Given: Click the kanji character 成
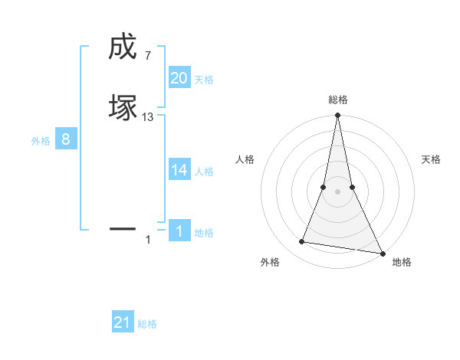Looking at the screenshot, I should (123, 47).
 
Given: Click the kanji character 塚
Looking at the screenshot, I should (123, 106).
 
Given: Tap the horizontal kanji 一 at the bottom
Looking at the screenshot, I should (123, 228).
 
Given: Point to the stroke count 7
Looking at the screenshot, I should (147, 55).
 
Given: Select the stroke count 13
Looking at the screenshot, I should (148, 116).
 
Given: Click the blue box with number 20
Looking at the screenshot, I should (179, 77).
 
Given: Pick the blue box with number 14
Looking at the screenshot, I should (179, 170).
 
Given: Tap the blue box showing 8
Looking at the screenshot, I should (66, 139).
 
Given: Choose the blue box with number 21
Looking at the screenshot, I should (123, 322).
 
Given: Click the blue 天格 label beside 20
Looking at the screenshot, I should (204, 79).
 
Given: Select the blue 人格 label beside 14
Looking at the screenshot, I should (204, 172).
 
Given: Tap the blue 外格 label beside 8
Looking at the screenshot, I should (41, 141).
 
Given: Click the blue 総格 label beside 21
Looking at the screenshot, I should (147, 324).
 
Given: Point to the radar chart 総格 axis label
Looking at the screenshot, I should (338, 100).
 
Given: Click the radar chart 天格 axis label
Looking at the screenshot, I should (432, 159).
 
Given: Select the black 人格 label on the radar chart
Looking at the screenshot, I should (245, 159).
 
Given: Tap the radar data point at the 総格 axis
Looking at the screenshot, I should (337, 116).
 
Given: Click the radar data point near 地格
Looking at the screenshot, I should (382, 253).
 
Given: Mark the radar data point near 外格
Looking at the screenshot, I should (302, 242).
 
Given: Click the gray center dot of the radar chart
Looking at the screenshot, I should (337, 191).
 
